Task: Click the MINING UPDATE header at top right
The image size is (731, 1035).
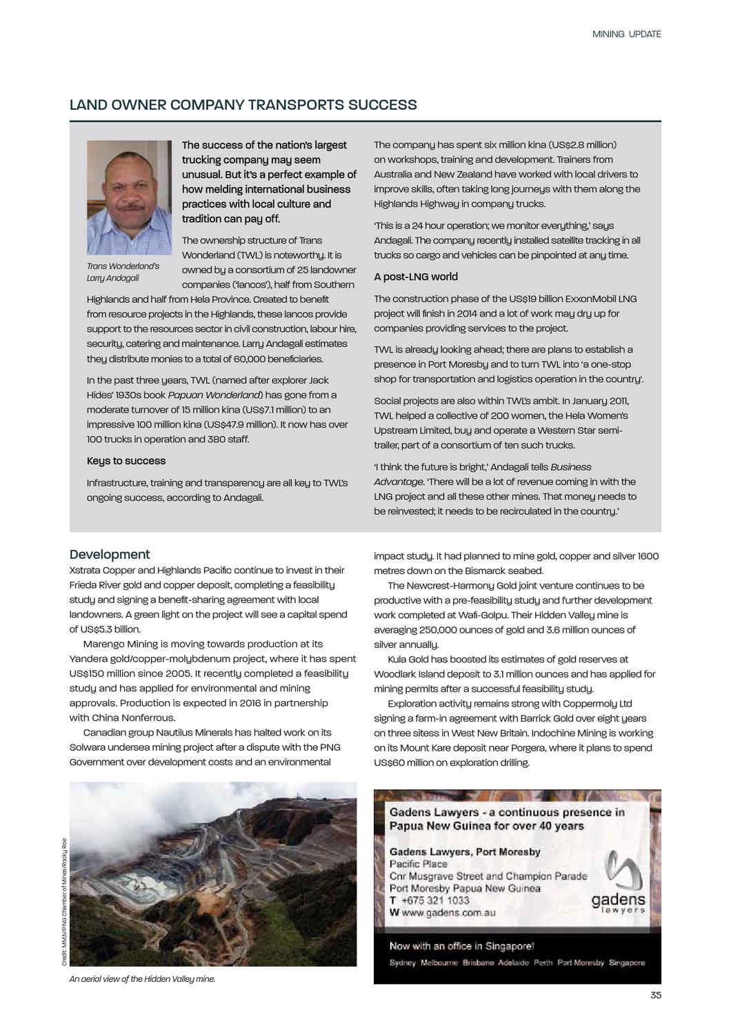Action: pyautogui.click(x=626, y=34)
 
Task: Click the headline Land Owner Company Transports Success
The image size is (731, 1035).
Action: pyautogui.click(x=243, y=105)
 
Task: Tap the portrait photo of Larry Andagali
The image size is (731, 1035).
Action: pyautogui.click(x=129, y=197)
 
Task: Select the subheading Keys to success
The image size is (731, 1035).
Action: pyautogui.click(x=126, y=461)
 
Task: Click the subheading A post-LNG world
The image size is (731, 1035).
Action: pyautogui.click(x=416, y=277)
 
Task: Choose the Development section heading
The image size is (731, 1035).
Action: pyautogui.click(x=110, y=555)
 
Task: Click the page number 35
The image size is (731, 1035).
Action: pyautogui.click(x=655, y=995)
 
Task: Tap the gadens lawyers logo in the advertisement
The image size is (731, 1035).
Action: pyautogui.click(x=619, y=884)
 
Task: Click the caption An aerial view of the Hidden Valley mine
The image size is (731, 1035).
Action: pyautogui.click(x=142, y=978)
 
